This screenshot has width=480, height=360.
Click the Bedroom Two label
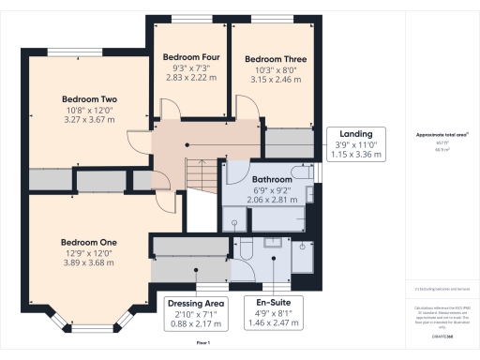click(x=89, y=98)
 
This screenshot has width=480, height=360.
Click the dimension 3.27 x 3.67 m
click(x=89, y=121)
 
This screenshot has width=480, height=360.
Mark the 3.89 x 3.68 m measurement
click(x=89, y=263)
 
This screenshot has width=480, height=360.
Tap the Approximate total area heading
click(x=442, y=135)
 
